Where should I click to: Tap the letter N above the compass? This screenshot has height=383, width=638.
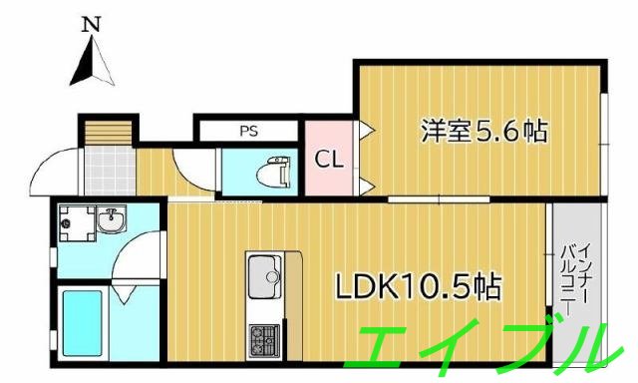click(x=91, y=22)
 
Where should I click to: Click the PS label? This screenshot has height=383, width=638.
click(x=247, y=131)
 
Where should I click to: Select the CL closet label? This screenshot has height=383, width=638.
click(x=330, y=159)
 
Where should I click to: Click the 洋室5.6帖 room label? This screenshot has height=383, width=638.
click(x=483, y=131)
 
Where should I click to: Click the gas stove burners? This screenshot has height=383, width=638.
click(x=265, y=338)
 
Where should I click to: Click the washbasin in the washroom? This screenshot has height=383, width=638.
click(x=111, y=220)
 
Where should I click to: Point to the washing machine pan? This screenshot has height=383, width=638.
click(x=72, y=223)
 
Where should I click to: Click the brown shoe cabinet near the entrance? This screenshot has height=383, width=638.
click(x=107, y=132)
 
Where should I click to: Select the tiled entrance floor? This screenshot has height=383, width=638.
click(x=106, y=171)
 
